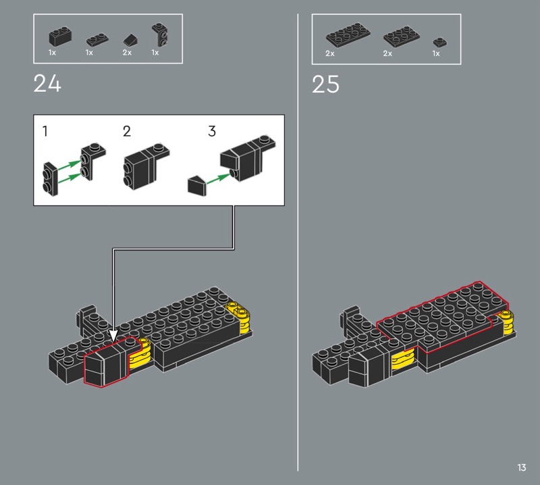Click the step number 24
click(47, 84)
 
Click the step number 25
click(325, 84)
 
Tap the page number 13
click(521, 467)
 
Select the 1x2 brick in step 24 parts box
click(60, 37)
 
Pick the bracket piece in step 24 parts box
click(160, 34)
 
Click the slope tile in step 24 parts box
click(130, 40)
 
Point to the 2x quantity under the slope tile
click(127, 53)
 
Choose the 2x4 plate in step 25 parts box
click(348, 34)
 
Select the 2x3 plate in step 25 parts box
click(402, 36)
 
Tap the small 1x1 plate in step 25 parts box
click(440, 42)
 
